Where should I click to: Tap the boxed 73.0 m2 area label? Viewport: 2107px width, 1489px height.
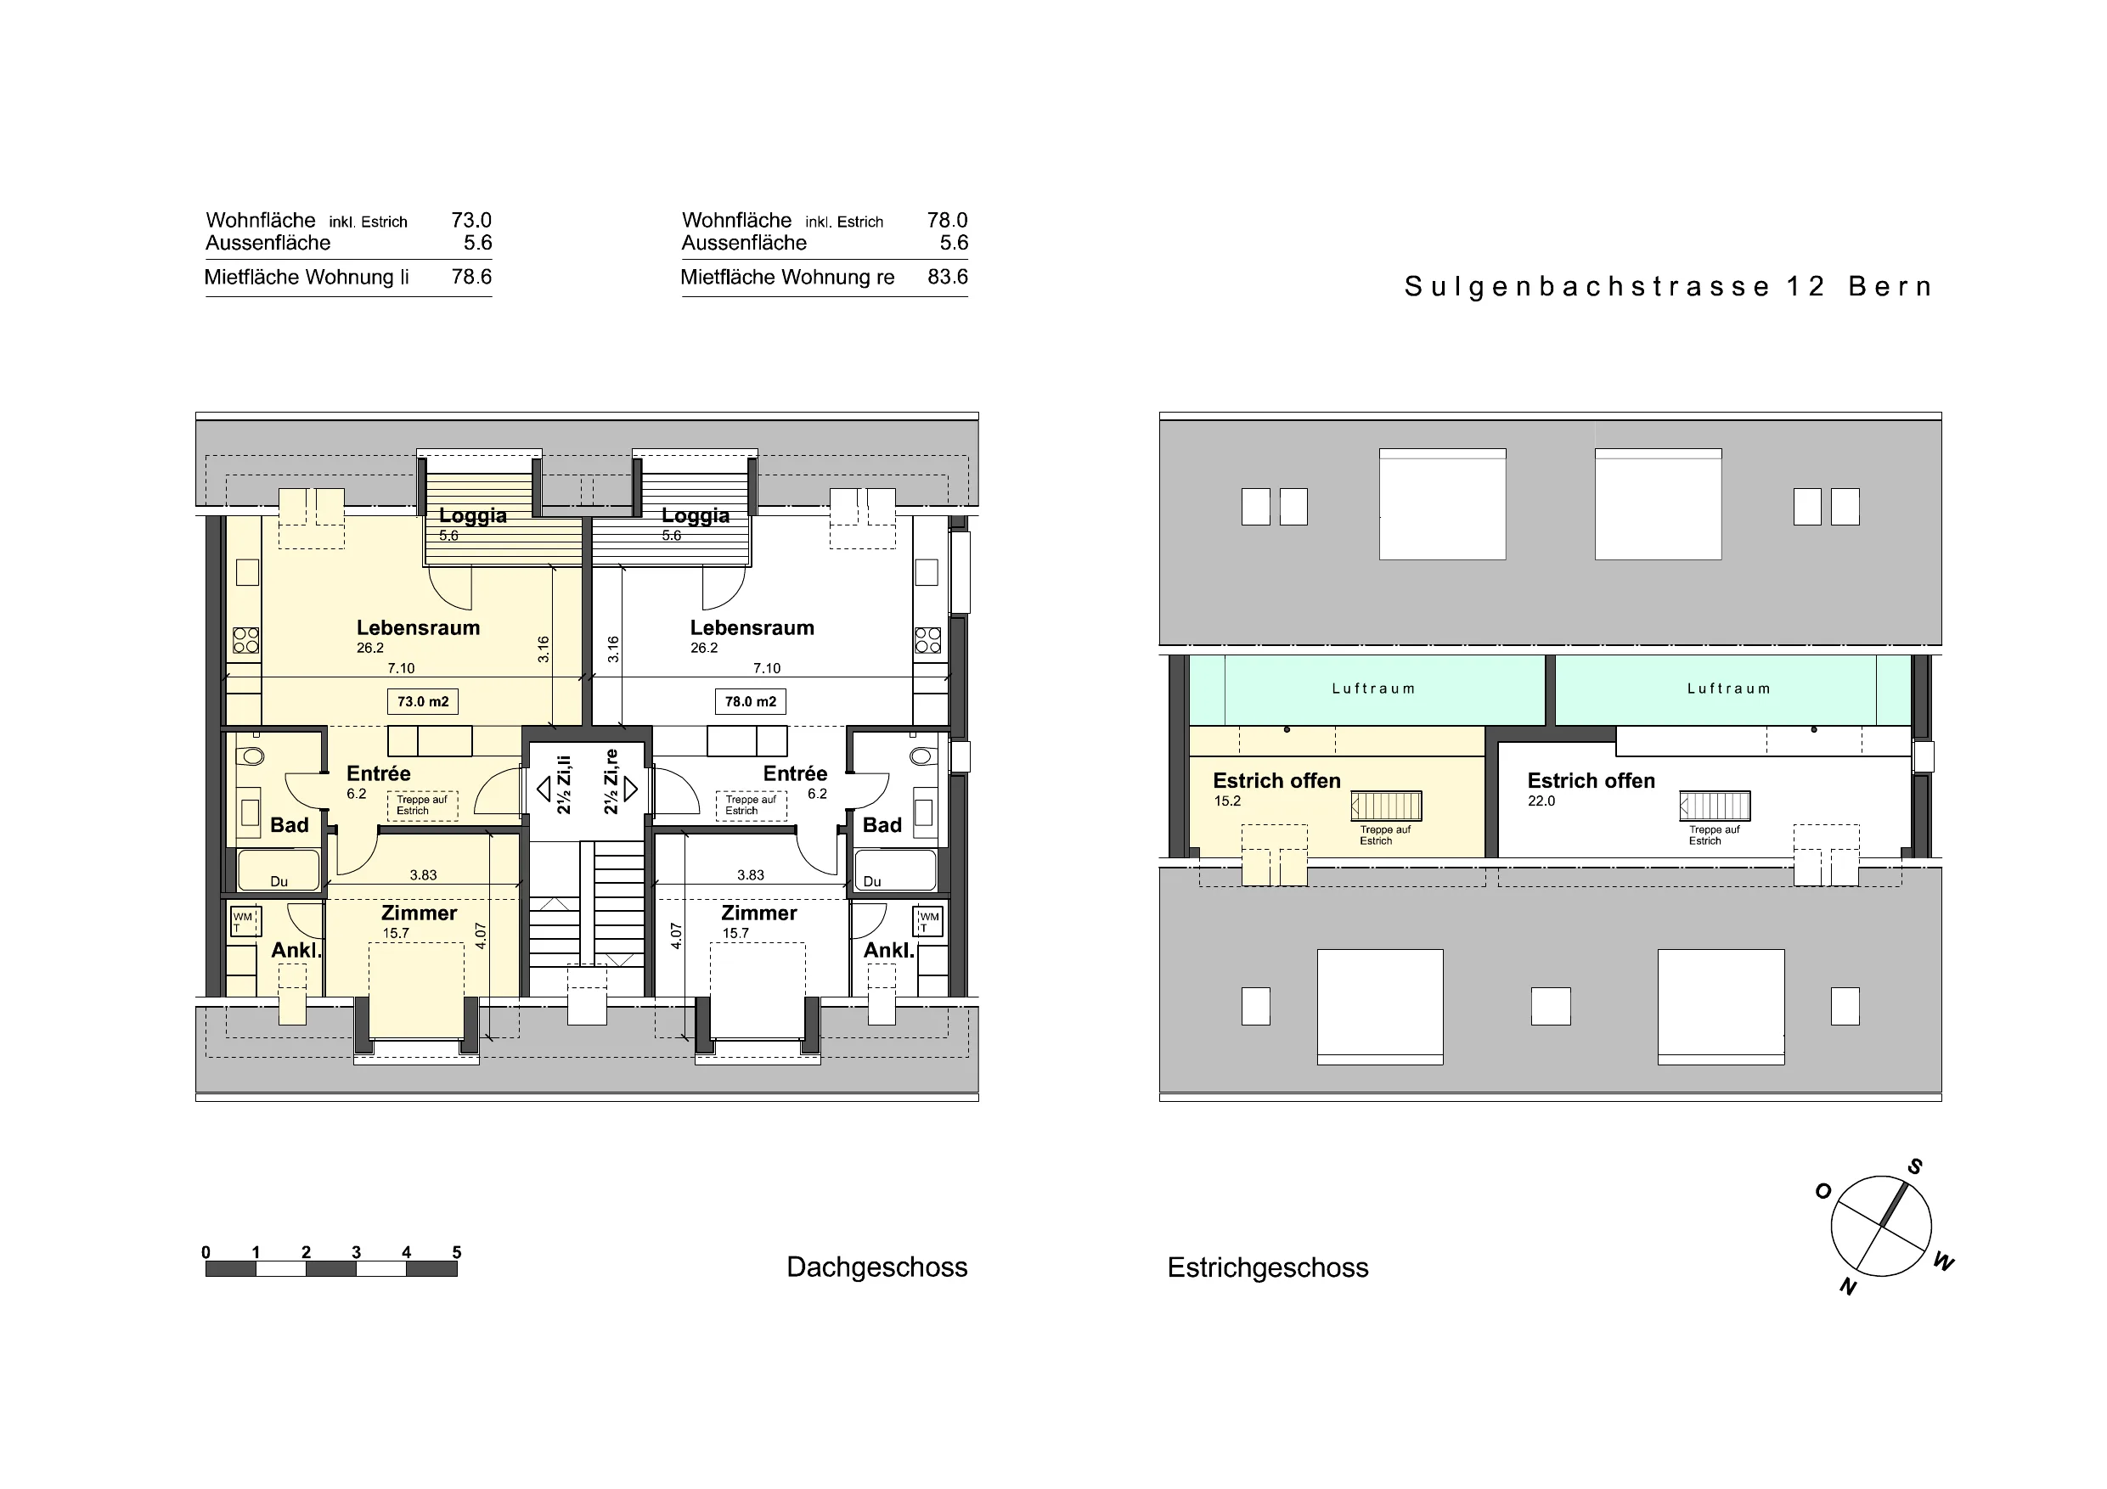pos(423,702)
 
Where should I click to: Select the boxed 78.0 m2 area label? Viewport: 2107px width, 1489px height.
pos(751,702)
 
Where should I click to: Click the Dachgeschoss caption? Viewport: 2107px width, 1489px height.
pos(877,1267)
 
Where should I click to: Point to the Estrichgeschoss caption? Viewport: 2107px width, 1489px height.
pos(1268,1268)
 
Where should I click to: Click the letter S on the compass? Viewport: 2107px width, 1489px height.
pos(1914,1167)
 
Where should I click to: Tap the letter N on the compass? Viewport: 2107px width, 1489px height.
pos(1848,1287)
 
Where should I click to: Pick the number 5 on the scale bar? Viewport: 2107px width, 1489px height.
pos(457,1252)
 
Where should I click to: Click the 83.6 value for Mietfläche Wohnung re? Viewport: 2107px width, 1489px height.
pos(948,277)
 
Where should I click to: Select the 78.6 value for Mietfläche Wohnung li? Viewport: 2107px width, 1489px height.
pos(471,277)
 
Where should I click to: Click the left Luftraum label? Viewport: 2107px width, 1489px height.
pos(1374,688)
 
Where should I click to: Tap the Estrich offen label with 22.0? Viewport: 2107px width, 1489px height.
pos(1592,781)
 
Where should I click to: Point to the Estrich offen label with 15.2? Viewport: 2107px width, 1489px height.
pos(1276,781)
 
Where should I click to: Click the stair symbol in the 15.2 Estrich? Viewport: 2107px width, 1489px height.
pos(1387,806)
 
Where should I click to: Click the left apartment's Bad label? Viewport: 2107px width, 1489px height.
pos(289,826)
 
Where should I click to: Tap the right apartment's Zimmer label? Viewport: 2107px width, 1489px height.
pos(759,913)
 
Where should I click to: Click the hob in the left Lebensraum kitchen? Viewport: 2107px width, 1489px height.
pos(246,640)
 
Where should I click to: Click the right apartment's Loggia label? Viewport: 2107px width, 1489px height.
pos(696,515)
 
